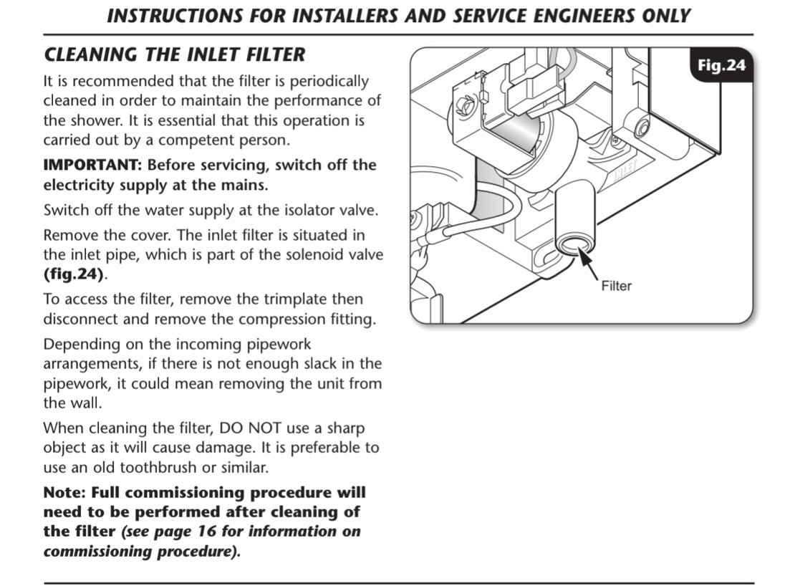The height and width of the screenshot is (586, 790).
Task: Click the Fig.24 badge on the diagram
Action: (x=721, y=65)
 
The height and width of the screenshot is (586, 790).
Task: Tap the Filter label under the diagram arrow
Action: (x=616, y=286)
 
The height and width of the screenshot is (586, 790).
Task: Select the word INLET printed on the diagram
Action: (x=625, y=170)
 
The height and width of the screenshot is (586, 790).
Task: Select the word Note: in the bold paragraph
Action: (x=64, y=492)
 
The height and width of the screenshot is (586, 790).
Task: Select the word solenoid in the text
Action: (x=314, y=254)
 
